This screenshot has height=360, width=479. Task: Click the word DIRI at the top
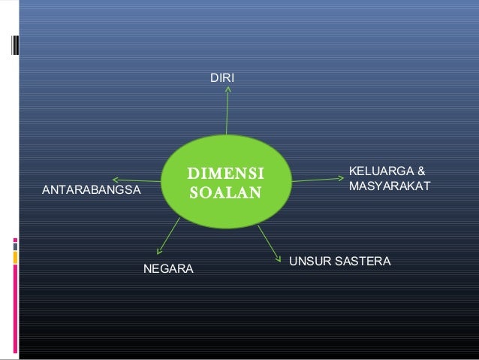click(221, 78)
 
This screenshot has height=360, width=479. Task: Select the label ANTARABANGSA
click(91, 192)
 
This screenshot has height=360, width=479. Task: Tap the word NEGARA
click(168, 268)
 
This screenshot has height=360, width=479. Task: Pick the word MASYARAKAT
click(389, 184)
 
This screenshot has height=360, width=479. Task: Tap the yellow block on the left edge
click(16, 256)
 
